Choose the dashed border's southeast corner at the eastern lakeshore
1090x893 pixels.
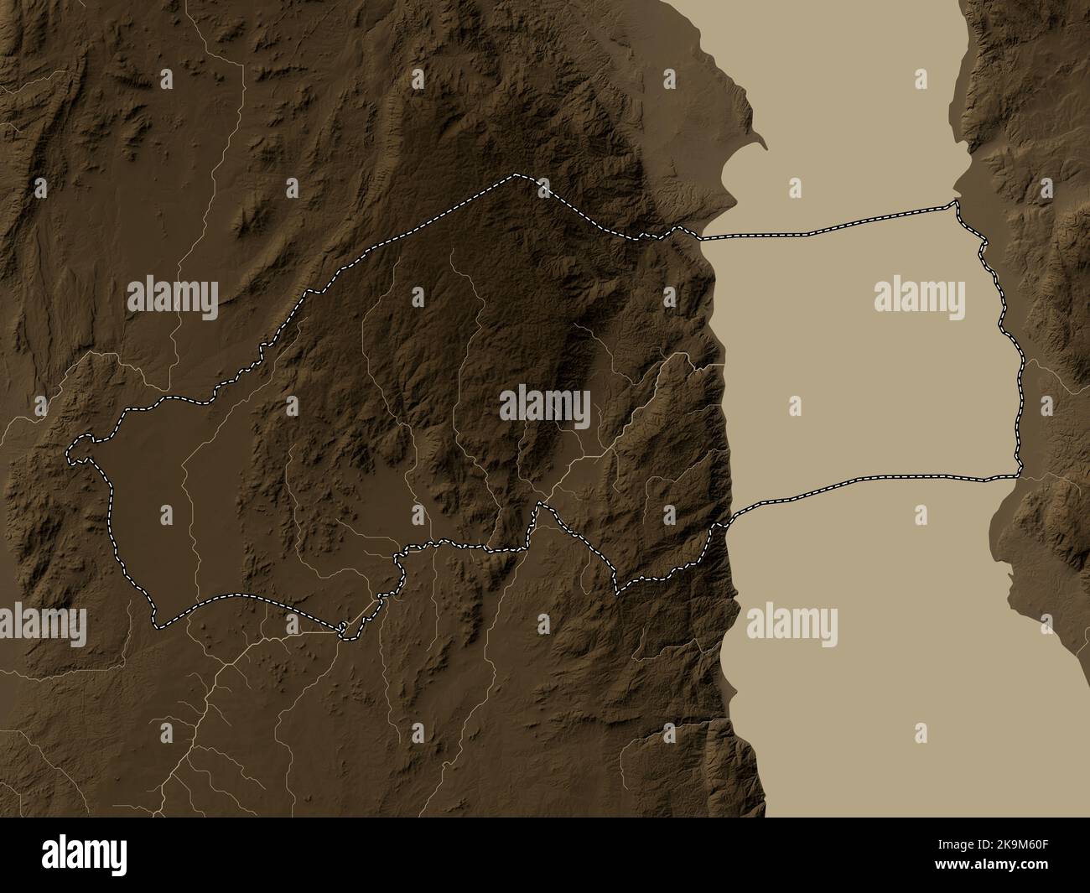click(1017, 475)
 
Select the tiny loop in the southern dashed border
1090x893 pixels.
click(342, 628)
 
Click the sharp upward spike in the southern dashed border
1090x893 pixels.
click(540, 503)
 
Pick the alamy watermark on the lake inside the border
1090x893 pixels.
click(917, 297)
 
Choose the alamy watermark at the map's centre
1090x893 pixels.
click(544, 408)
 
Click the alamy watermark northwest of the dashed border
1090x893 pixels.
click(172, 297)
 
